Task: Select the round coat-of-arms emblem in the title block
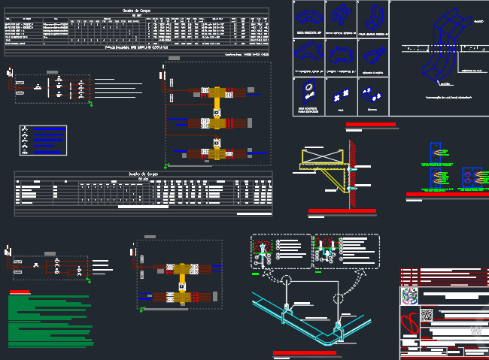tap(409, 295)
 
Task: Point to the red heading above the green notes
tap(20, 292)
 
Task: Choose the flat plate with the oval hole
tap(308, 92)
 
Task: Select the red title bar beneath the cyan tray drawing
tap(305, 352)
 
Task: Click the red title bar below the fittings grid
tap(370, 124)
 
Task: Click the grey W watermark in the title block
tap(475, 331)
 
